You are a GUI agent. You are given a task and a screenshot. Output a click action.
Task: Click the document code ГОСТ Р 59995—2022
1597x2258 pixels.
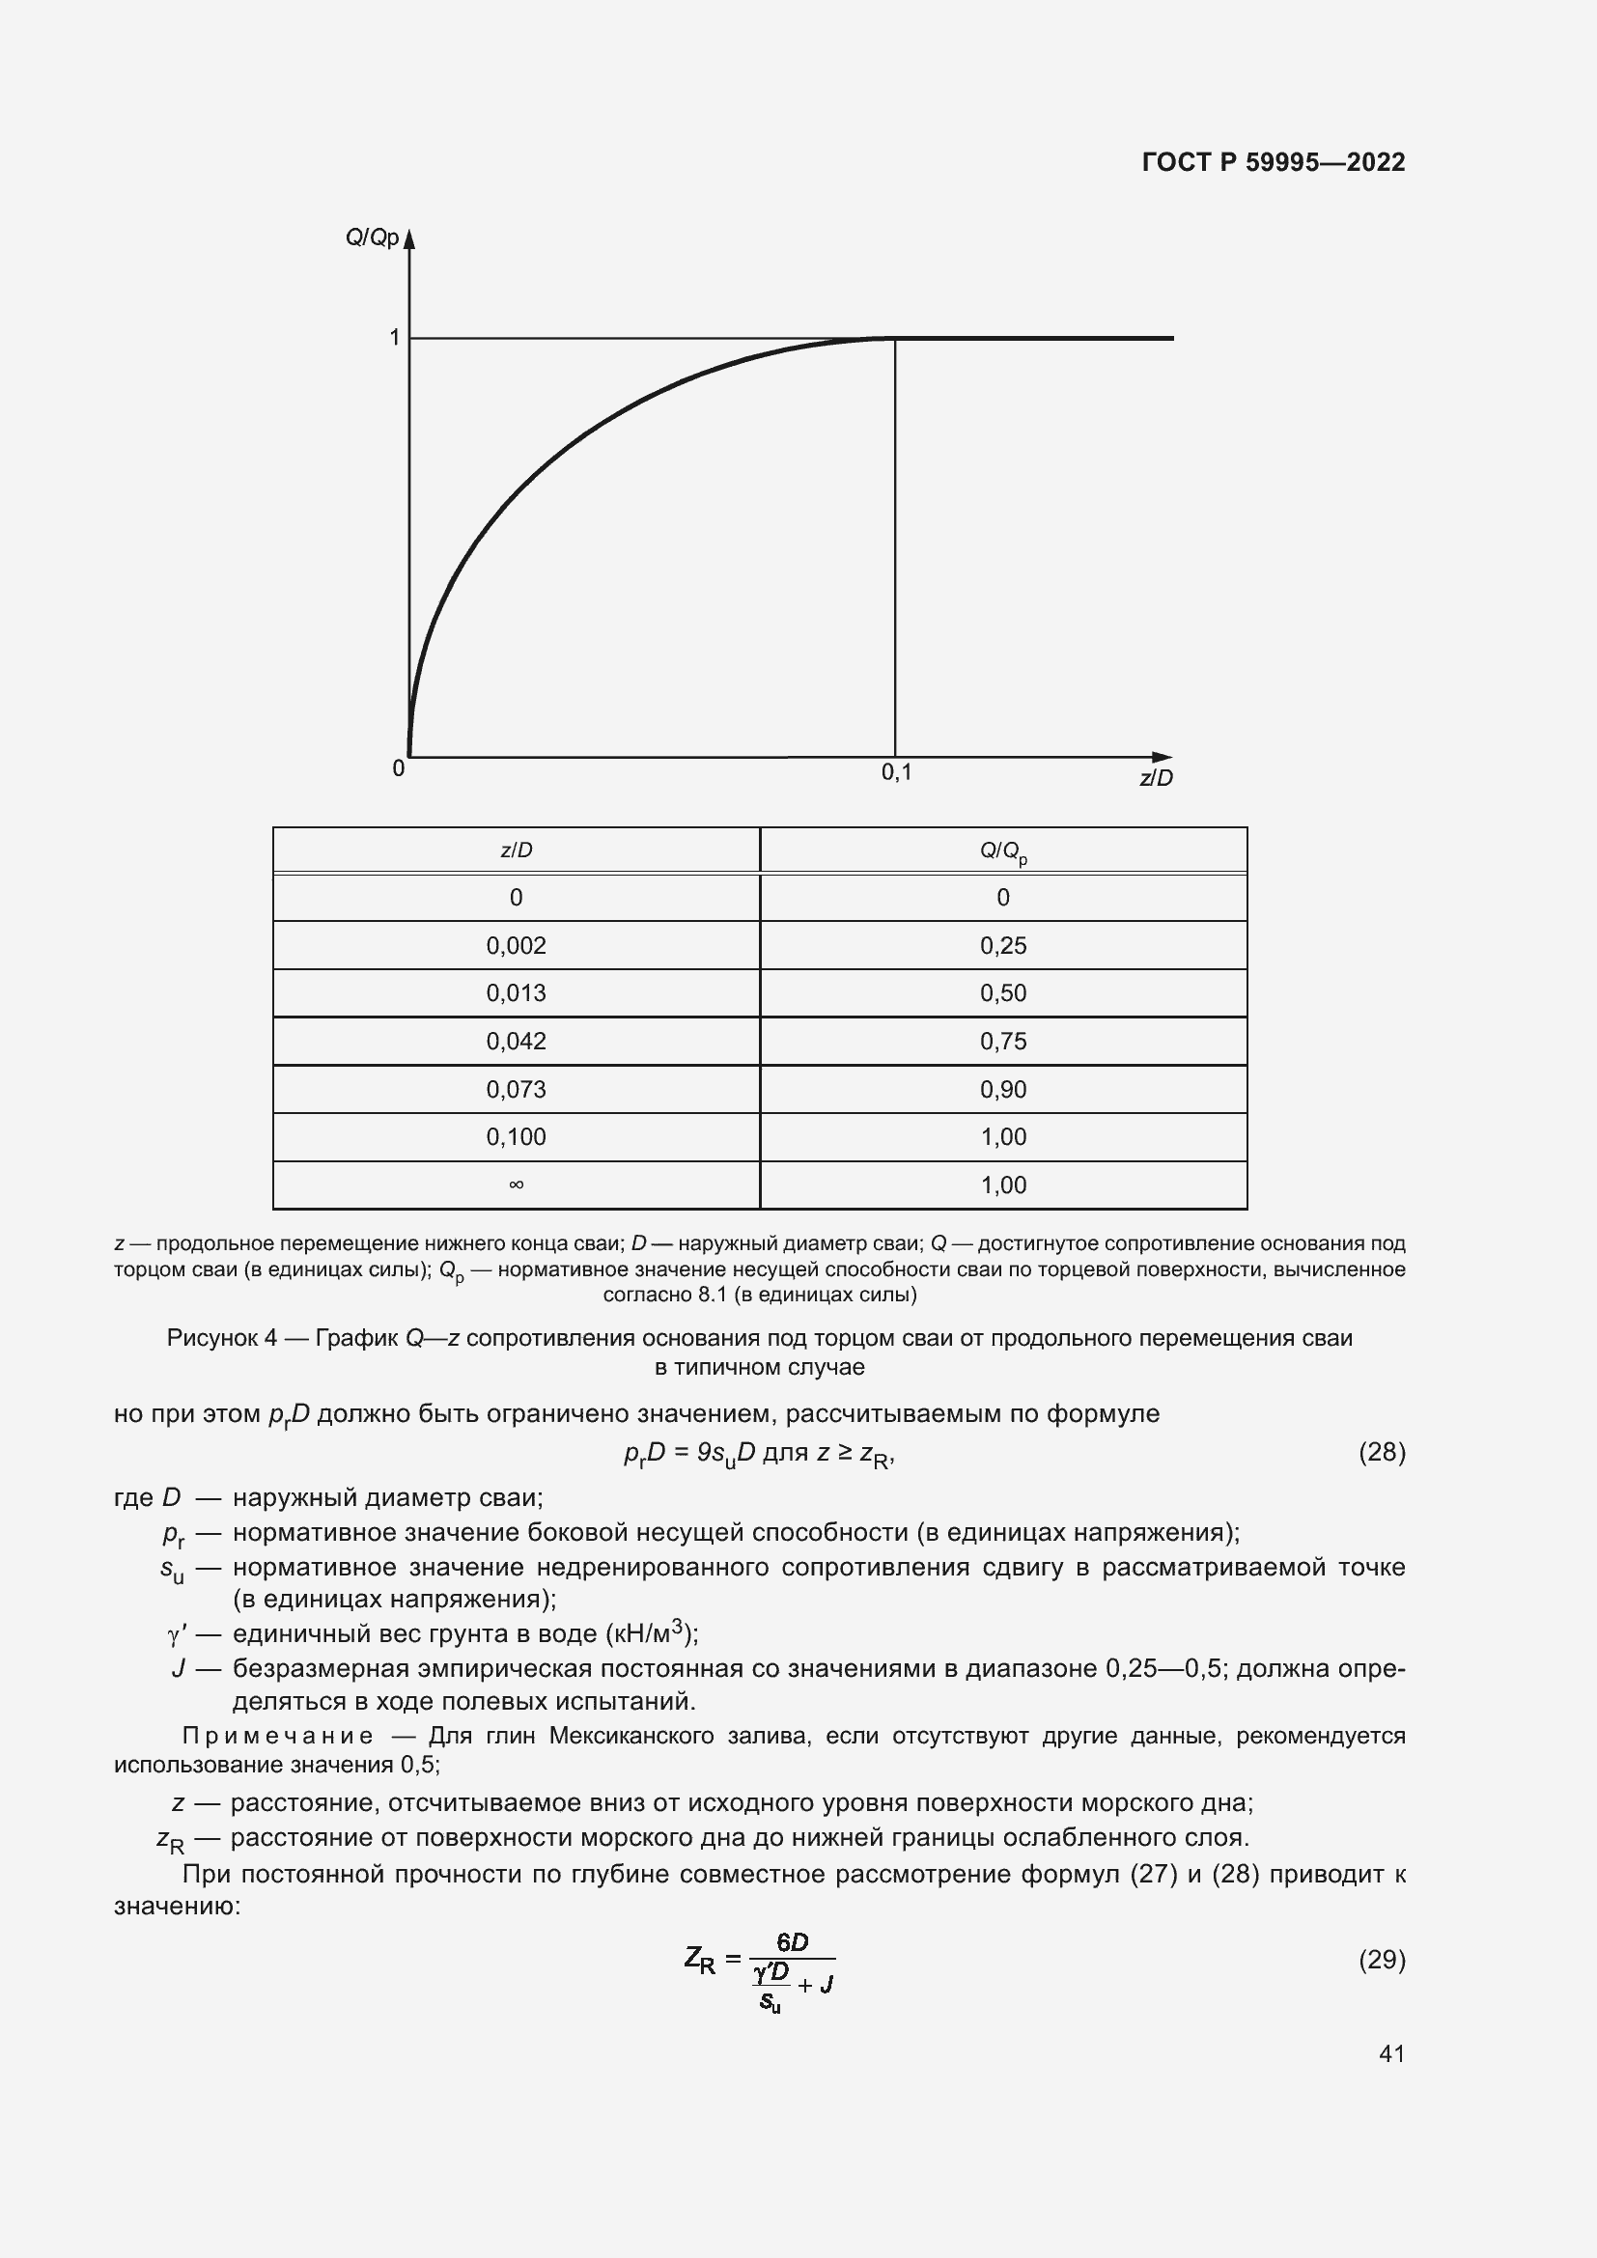click(x=1274, y=162)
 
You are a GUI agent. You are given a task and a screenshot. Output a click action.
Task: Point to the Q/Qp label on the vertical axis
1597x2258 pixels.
click(x=372, y=238)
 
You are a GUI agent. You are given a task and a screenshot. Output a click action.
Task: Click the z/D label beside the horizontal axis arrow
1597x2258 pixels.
click(x=1157, y=778)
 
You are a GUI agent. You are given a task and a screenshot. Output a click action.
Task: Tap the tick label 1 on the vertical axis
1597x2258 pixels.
click(x=394, y=338)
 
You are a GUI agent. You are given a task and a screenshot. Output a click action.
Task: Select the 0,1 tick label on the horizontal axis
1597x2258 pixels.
click(x=896, y=773)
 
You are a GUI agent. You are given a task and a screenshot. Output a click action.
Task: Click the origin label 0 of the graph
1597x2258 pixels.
click(x=398, y=769)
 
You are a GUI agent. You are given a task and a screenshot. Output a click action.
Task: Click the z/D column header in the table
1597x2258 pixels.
click(x=517, y=850)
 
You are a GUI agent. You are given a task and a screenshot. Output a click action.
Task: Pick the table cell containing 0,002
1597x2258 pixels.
click(x=517, y=945)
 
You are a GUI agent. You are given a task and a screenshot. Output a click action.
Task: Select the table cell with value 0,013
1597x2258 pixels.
click(x=517, y=993)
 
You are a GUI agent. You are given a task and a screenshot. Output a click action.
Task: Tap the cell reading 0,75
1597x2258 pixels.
click(x=1003, y=1042)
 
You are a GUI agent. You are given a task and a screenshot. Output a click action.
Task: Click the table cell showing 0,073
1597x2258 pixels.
click(x=517, y=1090)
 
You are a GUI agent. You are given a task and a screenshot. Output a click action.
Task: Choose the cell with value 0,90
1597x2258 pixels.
click(x=1003, y=1090)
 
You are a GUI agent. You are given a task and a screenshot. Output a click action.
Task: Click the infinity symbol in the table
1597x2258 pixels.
click(x=517, y=1185)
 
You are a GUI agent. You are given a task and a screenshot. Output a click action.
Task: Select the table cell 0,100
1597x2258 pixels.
click(x=517, y=1137)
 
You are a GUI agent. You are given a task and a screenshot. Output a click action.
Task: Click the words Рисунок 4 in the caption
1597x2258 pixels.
click(x=221, y=1338)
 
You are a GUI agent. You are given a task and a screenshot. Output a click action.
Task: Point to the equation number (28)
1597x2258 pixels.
click(x=1382, y=1452)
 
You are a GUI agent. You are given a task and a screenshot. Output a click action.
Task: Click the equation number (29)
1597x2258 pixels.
click(x=1382, y=1960)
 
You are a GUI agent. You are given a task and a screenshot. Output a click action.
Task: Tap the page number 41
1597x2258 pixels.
click(x=1391, y=2053)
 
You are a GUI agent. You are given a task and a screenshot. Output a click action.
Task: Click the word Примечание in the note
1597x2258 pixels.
click(x=278, y=1736)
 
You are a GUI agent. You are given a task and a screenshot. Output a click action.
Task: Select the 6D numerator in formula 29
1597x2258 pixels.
click(x=792, y=1941)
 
